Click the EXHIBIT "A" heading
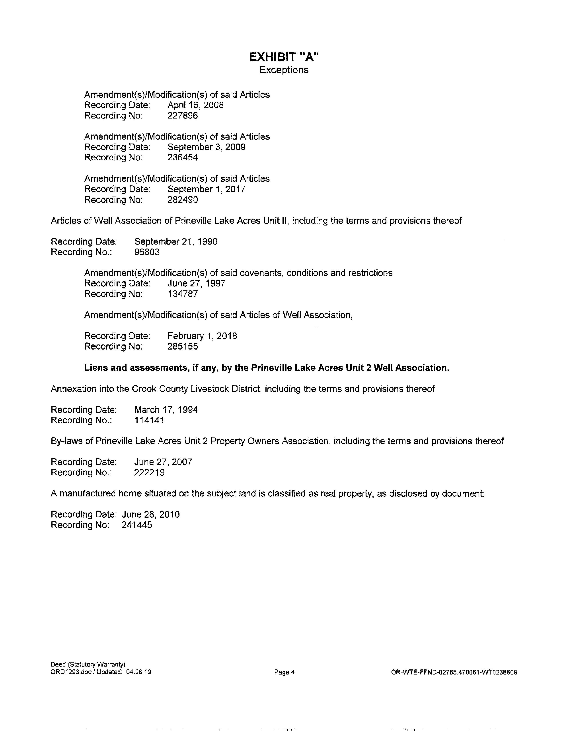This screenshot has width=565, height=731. pos(284,57)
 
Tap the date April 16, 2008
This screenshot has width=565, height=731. pos(195,105)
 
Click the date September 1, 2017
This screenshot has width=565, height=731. pos(207,189)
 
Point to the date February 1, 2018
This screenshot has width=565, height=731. pos(202,336)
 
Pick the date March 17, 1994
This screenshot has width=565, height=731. pos(166,409)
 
